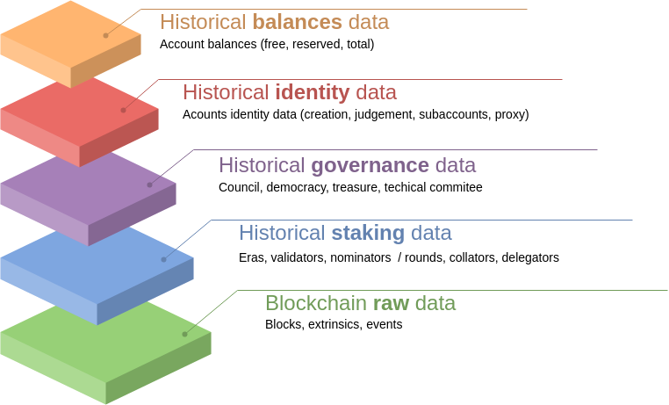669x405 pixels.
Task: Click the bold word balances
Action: (297, 22)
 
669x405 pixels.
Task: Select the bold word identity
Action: (312, 92)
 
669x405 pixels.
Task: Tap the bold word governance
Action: (370, 164)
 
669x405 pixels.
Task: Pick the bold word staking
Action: (367, 233)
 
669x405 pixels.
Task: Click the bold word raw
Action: (391, 303)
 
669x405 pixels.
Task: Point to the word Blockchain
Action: (316, 303)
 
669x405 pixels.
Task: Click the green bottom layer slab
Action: (105, 338)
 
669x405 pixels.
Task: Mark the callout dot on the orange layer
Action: (105, 35)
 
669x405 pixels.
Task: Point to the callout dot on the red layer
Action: (123, 110)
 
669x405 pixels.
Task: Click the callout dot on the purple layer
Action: (149, 184)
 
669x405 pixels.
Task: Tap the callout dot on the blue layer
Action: (164, 259)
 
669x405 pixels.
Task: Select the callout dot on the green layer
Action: (184, 334)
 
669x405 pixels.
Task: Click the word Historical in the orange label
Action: (202, 22)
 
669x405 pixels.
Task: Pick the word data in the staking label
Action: (430, 233)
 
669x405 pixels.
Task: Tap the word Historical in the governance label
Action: (262, 164)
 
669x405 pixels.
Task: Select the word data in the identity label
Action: (376, 92)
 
